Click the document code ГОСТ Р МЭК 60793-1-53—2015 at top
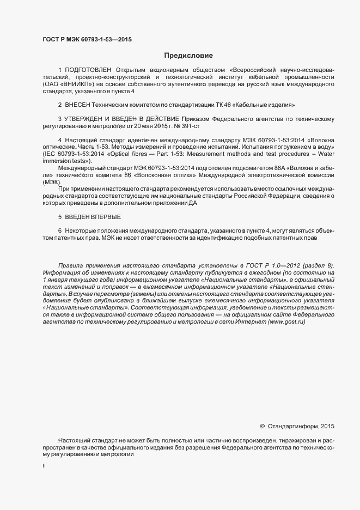coord(87,40)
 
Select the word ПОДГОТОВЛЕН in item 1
coord(88,70)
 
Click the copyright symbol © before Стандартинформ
coord(262,426)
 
